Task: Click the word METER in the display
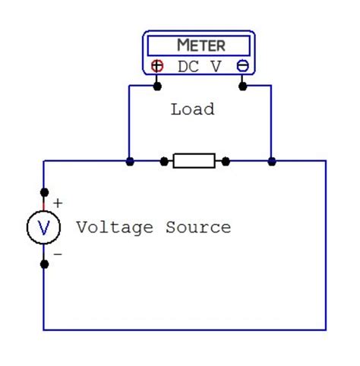[x=201, y=45]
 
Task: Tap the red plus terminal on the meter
[x=157, y=66]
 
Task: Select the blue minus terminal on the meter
[x=242, y=66]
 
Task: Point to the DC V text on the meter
[x=200, y=67]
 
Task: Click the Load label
[x=192, y=109]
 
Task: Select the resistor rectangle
[x=194, y=161]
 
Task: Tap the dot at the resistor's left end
[x=163, y=161]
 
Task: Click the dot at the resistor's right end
[x=225, y=161]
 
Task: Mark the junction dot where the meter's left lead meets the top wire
[x=130, y=161]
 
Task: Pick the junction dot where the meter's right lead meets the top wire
[x=272, y=161]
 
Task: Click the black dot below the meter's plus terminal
[x=157, y=85]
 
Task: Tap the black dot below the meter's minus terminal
[x=242, y=85]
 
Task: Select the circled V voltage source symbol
[x=44, y=228]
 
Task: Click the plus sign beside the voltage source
[x=58, y=203]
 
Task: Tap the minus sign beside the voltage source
[x=58, y=254]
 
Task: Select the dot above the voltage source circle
[x=44, y=192]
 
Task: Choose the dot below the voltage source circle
[x=44, y=264]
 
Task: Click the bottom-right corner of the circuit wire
[x=326, y=330]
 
